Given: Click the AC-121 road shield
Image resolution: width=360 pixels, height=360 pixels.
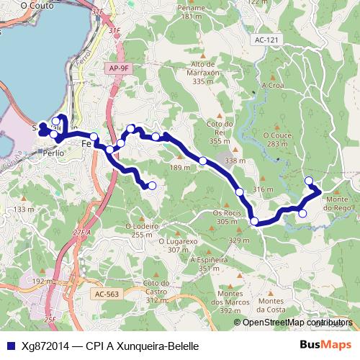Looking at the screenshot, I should click(265, 41).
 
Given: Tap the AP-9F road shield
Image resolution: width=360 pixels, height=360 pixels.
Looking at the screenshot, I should click(120, 67).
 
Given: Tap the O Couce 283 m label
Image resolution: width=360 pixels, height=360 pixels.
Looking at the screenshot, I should click(280, 139).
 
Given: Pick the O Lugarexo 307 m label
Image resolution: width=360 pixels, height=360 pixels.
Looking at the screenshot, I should click(176, 246).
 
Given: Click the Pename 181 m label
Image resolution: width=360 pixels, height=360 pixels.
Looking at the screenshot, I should click(192, 12).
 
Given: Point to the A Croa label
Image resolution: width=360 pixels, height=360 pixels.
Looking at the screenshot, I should click(274, 84).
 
